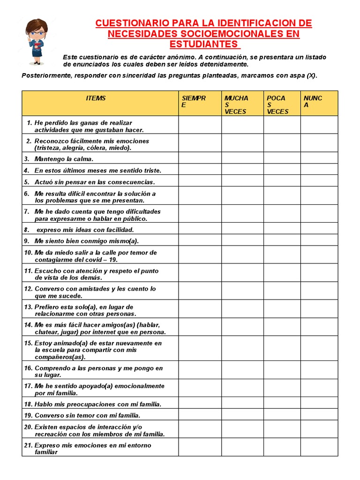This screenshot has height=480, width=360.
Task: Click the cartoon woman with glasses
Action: [36, 41]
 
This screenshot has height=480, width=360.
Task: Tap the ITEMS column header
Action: [96, 98]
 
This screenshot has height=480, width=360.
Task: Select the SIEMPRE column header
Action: [194, 102]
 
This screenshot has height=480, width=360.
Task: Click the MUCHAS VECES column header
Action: [236, 105]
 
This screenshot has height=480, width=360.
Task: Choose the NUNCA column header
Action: [313, 102]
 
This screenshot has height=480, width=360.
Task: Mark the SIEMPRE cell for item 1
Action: [200, 125]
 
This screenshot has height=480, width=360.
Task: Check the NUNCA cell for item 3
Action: [319, 158]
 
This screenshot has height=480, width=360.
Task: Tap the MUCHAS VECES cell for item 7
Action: [242, 214]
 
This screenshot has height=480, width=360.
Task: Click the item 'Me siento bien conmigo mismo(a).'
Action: [87, 241]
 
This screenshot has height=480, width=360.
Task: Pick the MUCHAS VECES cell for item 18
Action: [242, 403]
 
